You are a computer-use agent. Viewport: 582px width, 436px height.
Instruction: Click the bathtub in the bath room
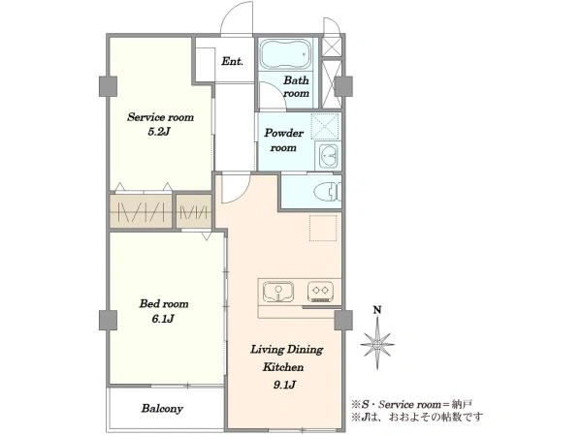285,54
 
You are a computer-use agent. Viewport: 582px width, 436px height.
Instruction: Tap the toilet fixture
328,192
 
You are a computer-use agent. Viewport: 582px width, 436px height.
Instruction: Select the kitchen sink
278,292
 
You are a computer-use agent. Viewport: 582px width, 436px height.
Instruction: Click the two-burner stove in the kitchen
320,291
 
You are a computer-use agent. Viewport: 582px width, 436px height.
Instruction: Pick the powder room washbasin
328,155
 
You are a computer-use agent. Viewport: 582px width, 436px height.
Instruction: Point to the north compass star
377,343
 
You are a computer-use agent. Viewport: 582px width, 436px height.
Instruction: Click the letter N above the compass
377,310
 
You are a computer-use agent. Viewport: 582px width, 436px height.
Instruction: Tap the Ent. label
233,61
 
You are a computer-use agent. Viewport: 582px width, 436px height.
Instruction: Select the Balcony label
162,409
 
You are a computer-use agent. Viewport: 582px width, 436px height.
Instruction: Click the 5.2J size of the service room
159,132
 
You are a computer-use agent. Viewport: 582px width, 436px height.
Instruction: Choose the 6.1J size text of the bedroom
163,319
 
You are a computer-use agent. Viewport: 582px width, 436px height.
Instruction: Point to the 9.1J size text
284,385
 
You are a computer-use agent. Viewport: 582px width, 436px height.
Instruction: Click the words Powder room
283,140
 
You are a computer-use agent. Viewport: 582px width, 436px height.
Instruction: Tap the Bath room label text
296,86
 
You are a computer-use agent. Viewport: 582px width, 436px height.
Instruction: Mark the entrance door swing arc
237,16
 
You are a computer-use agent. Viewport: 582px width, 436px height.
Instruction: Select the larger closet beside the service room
141,211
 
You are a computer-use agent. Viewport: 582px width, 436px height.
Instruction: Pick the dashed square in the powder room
325,126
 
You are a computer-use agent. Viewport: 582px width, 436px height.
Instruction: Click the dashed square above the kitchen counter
323,228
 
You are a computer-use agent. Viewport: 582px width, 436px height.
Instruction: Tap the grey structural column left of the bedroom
108,321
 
